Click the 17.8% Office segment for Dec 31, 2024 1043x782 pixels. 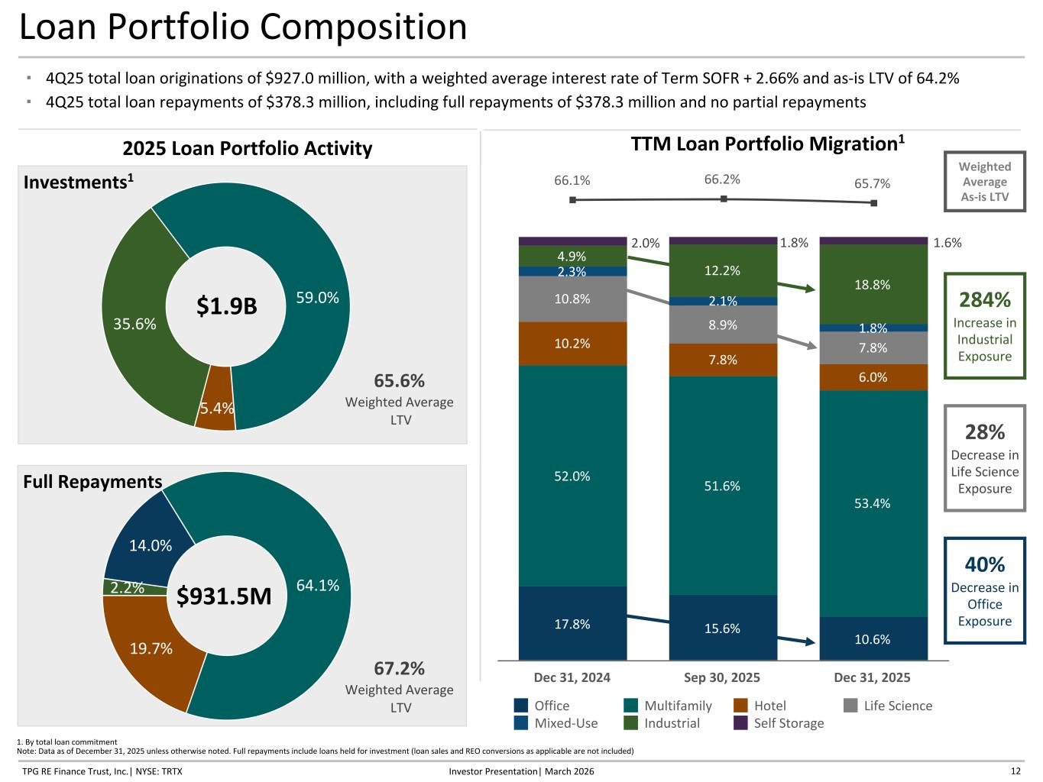(572, 623)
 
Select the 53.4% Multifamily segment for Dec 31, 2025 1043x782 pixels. (873, 503)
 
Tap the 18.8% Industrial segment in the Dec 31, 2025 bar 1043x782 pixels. (873, 284)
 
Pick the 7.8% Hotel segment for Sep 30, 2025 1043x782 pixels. (722, 360)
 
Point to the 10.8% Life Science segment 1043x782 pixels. (572, 299)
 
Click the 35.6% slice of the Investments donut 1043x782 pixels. (135, 323)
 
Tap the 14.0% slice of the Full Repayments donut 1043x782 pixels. (150, 545)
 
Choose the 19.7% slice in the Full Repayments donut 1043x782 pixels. (151, 648)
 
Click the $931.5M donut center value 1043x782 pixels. (224, 596)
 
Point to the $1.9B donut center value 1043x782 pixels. (226, 306)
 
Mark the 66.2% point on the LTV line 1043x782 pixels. (723, 199)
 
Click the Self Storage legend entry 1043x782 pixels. (788, 723)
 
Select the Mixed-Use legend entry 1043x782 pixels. (565, 723)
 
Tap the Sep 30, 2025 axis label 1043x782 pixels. (722, 677)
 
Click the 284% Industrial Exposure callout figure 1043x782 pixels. (984, 299)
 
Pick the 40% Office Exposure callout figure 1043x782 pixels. (984, 564)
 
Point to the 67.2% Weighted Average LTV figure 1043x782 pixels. (399, 668)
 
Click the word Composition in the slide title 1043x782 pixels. (363, 27)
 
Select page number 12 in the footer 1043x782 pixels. (1015, 771)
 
